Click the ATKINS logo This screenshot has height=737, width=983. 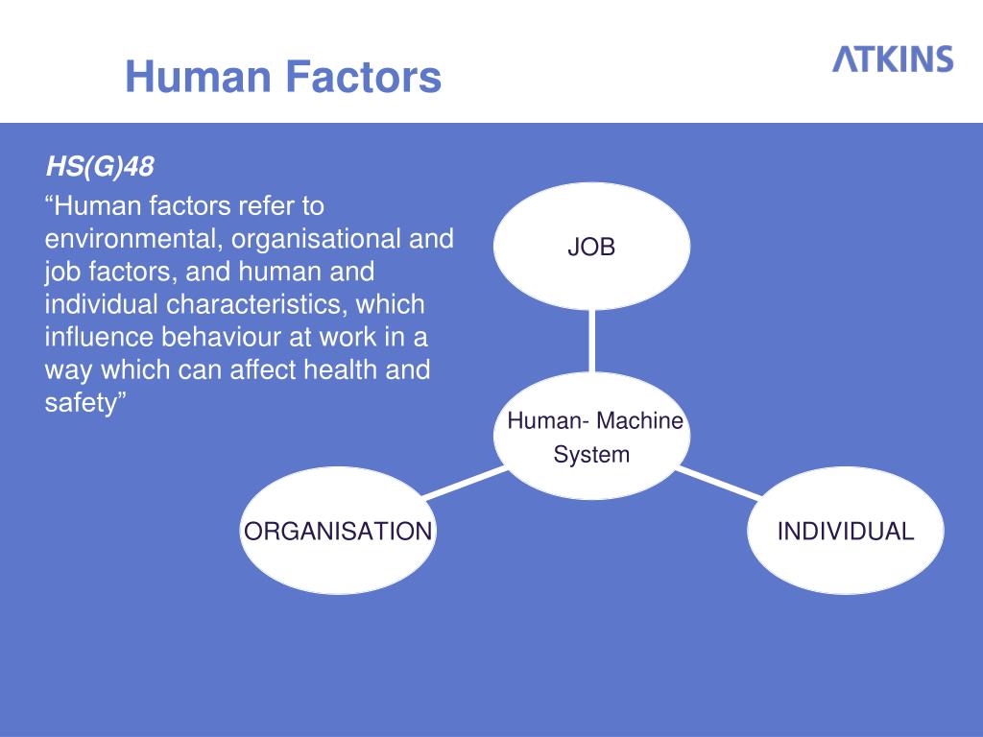(892, 59)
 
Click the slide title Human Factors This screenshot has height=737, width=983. (283, 77)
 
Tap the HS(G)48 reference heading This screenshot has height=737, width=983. (100, 168)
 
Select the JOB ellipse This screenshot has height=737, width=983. (591, 248)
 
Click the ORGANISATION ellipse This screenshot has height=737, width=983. (338, 531)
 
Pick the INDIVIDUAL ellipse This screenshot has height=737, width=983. (845, 531)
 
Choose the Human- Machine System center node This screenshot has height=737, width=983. (593, 437)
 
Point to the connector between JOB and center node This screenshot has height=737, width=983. (591, 341)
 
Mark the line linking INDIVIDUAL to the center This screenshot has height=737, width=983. (721, 483)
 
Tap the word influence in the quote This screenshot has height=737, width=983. (101, 337)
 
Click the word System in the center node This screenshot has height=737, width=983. (591, 455)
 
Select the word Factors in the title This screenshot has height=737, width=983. (367, 77)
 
